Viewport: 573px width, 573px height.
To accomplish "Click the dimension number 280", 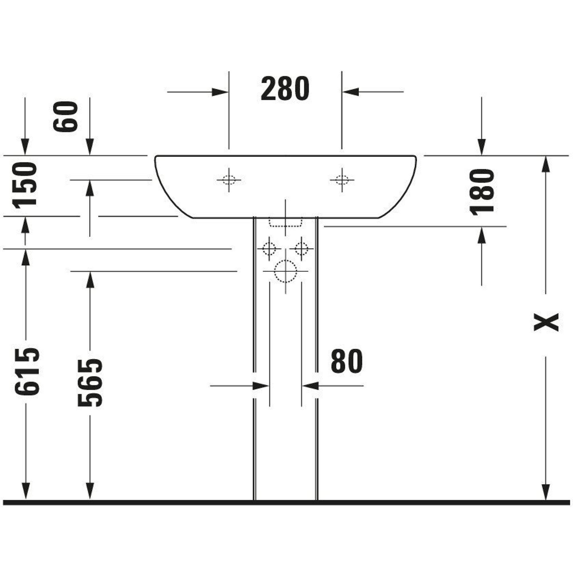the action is (285, 88).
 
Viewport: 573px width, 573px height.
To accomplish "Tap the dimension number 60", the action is (65, 117).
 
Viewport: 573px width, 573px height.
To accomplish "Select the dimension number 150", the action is (25, 185).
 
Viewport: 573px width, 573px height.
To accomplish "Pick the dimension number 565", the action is (90, 382).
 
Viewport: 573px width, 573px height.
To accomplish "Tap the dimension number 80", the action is (347, 361).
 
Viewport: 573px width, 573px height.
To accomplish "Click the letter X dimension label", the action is (546, 322).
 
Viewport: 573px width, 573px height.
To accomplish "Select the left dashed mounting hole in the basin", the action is (229, 180).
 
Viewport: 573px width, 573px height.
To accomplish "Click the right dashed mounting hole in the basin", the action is (342, 180).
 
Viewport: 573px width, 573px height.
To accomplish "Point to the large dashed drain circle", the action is (285, 271).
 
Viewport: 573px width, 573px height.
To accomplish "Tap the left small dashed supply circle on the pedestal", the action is (269, 248).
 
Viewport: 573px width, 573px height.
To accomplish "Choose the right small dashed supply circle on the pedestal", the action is (301, 248).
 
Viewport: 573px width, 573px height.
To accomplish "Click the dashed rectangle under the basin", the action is (285, 222).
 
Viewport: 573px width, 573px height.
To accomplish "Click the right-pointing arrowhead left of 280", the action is (220, 92).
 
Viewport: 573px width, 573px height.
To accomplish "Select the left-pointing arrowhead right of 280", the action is (351, 92).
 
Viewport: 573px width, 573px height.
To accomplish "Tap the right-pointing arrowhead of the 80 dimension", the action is (261, 386).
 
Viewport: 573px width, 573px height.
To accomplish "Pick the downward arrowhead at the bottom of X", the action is (546, 492).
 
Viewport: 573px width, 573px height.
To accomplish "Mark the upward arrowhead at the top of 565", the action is (90, 280).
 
